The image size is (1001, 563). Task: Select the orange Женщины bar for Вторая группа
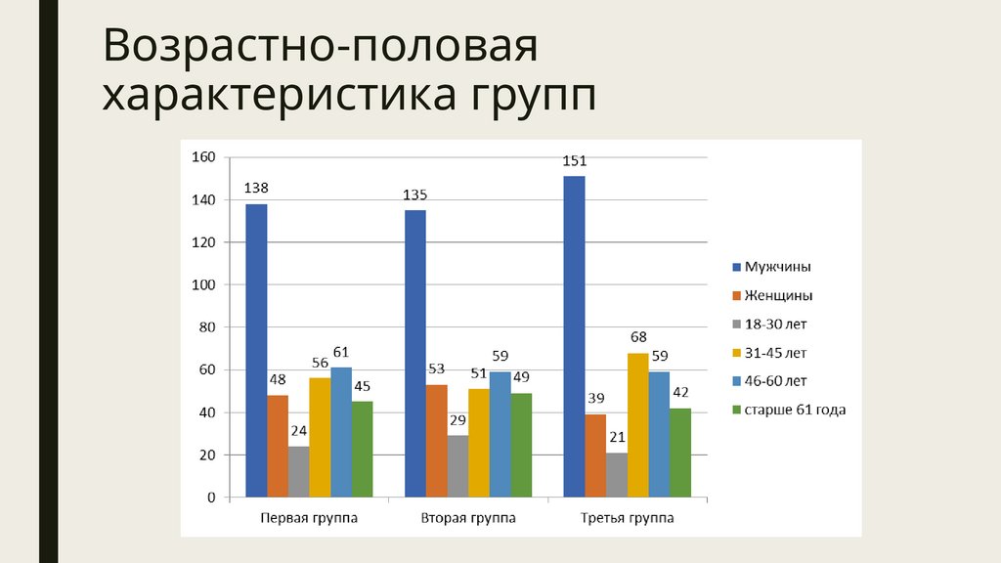[437, 441]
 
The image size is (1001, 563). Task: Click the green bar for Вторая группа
[521, 445]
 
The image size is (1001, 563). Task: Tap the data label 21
[616, 437]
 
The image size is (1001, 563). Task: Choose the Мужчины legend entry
[778, 267]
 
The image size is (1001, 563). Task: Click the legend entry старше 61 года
[794, 411]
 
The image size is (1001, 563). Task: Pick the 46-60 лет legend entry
[775, 381]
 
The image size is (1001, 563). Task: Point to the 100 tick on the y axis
[204, 284]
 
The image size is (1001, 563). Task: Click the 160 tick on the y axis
[204, 157]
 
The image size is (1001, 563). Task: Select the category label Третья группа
[627, 518]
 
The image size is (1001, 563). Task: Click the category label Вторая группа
[468, 518]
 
